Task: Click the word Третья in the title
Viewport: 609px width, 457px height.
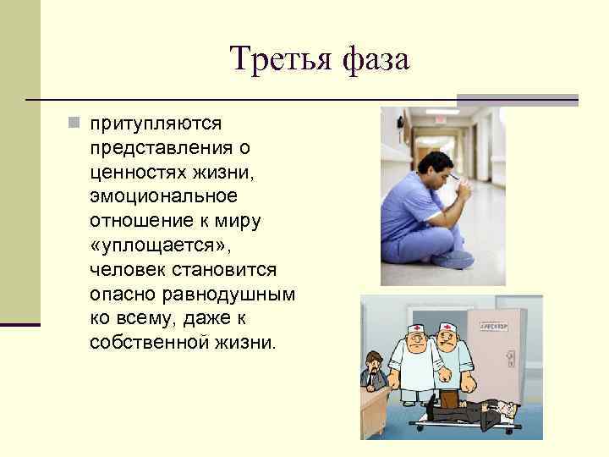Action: point(278,61)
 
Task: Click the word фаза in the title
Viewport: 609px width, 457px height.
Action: point(376,61)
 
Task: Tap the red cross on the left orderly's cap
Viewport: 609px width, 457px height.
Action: point(417,324)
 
